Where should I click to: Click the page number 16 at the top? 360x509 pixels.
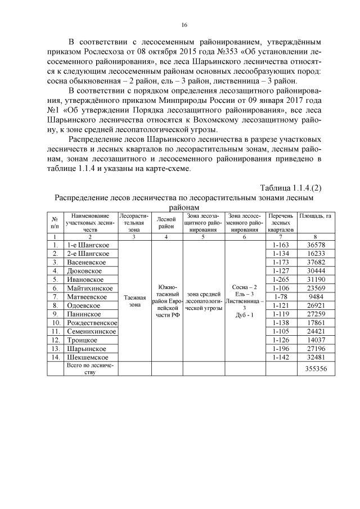click(x=184, y=25)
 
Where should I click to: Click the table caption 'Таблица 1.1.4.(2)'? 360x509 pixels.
click(x=290, y=187)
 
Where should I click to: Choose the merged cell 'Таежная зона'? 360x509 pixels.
click(x=135, y=301)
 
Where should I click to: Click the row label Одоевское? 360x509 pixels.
click(x=84, y=305)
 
